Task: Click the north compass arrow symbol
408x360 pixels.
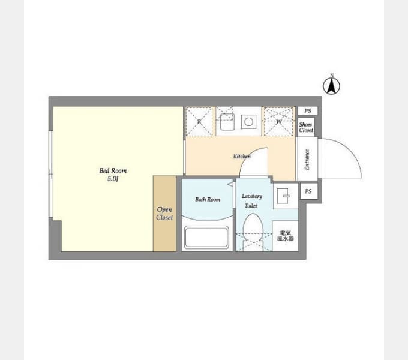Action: tap(331, 86)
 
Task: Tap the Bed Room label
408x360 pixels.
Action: tap(113, 170)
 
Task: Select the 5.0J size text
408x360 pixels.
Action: tap(113, 179)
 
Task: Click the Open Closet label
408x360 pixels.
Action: tap(164, 214)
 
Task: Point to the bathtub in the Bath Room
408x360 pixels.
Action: tap(206, 238)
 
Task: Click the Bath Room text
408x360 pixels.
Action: tap(208, 200)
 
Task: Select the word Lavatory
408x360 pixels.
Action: tap(252, 196)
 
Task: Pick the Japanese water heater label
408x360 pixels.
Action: tap(285, 236)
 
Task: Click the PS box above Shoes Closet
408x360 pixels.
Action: tap(308, 111)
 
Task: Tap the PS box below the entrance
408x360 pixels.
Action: tap(308, 191)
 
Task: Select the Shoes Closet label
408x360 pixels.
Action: tap(306, 127)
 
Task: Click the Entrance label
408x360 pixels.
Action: tap(307, 159)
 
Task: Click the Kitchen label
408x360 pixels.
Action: tap(242, 157)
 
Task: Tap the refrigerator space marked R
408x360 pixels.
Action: tap(199, 121)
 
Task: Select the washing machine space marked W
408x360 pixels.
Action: tap(278, 121)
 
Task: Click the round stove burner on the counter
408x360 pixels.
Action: tap(248, 122)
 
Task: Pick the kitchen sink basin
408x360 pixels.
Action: tap(227, 122)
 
